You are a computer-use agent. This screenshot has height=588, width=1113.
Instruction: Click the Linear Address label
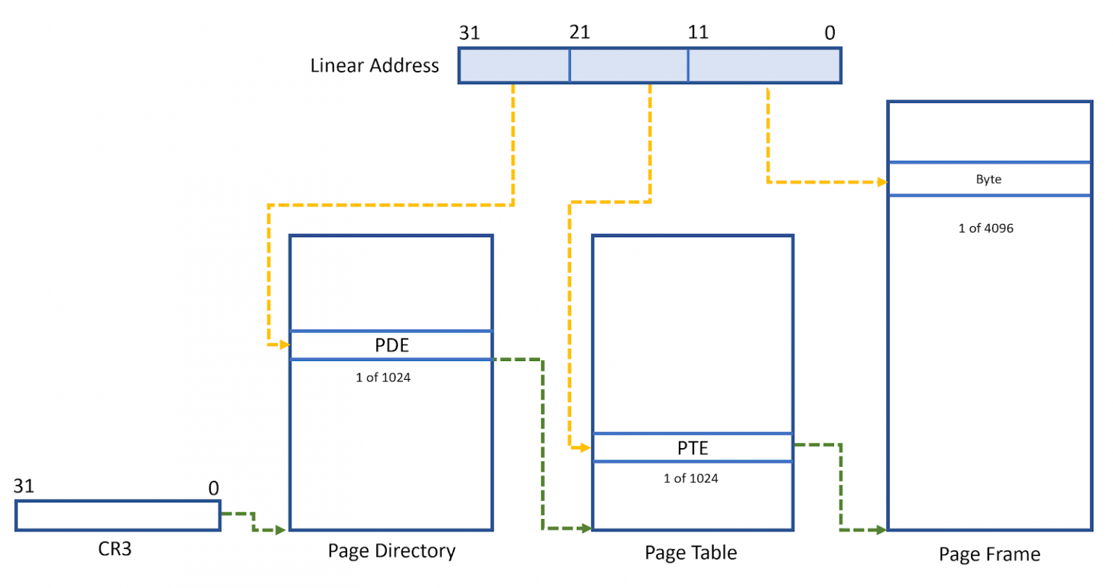coord(374,65)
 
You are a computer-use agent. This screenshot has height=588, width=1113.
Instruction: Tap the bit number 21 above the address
coord(579,32)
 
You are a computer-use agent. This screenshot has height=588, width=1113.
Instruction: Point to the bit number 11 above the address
coord(697,32)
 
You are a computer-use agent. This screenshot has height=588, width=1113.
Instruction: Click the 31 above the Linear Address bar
coord(469,33)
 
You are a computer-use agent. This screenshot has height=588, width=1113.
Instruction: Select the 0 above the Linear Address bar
coord(830,33)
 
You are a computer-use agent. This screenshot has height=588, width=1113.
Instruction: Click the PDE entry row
coord(391,345)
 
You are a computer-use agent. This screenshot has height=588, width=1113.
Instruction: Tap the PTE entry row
coord(692,448)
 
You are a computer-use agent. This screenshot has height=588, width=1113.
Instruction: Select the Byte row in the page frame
coord(988,179)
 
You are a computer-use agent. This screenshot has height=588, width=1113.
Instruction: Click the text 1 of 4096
coord(985,228)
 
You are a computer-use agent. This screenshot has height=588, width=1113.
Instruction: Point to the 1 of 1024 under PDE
coord(383,377)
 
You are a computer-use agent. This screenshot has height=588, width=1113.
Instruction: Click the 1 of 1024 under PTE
coord(691,478)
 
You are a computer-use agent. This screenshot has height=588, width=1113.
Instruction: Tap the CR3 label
coord(114,549)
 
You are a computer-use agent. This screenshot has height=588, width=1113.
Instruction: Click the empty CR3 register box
coord(117,515)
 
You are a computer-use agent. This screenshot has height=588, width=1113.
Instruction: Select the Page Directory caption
coord(391,551)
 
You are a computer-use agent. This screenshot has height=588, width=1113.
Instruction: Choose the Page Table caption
coord(691,552)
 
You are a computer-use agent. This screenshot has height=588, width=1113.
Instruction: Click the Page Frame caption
coord(989,555)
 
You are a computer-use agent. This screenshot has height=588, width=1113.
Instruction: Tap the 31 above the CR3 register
coord(24,486)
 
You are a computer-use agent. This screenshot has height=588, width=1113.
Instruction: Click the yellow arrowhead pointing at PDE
coord(285,344)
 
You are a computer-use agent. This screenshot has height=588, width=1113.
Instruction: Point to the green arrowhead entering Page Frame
coord(881,530)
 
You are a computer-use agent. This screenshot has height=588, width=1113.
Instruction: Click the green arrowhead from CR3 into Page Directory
coord(281,530)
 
